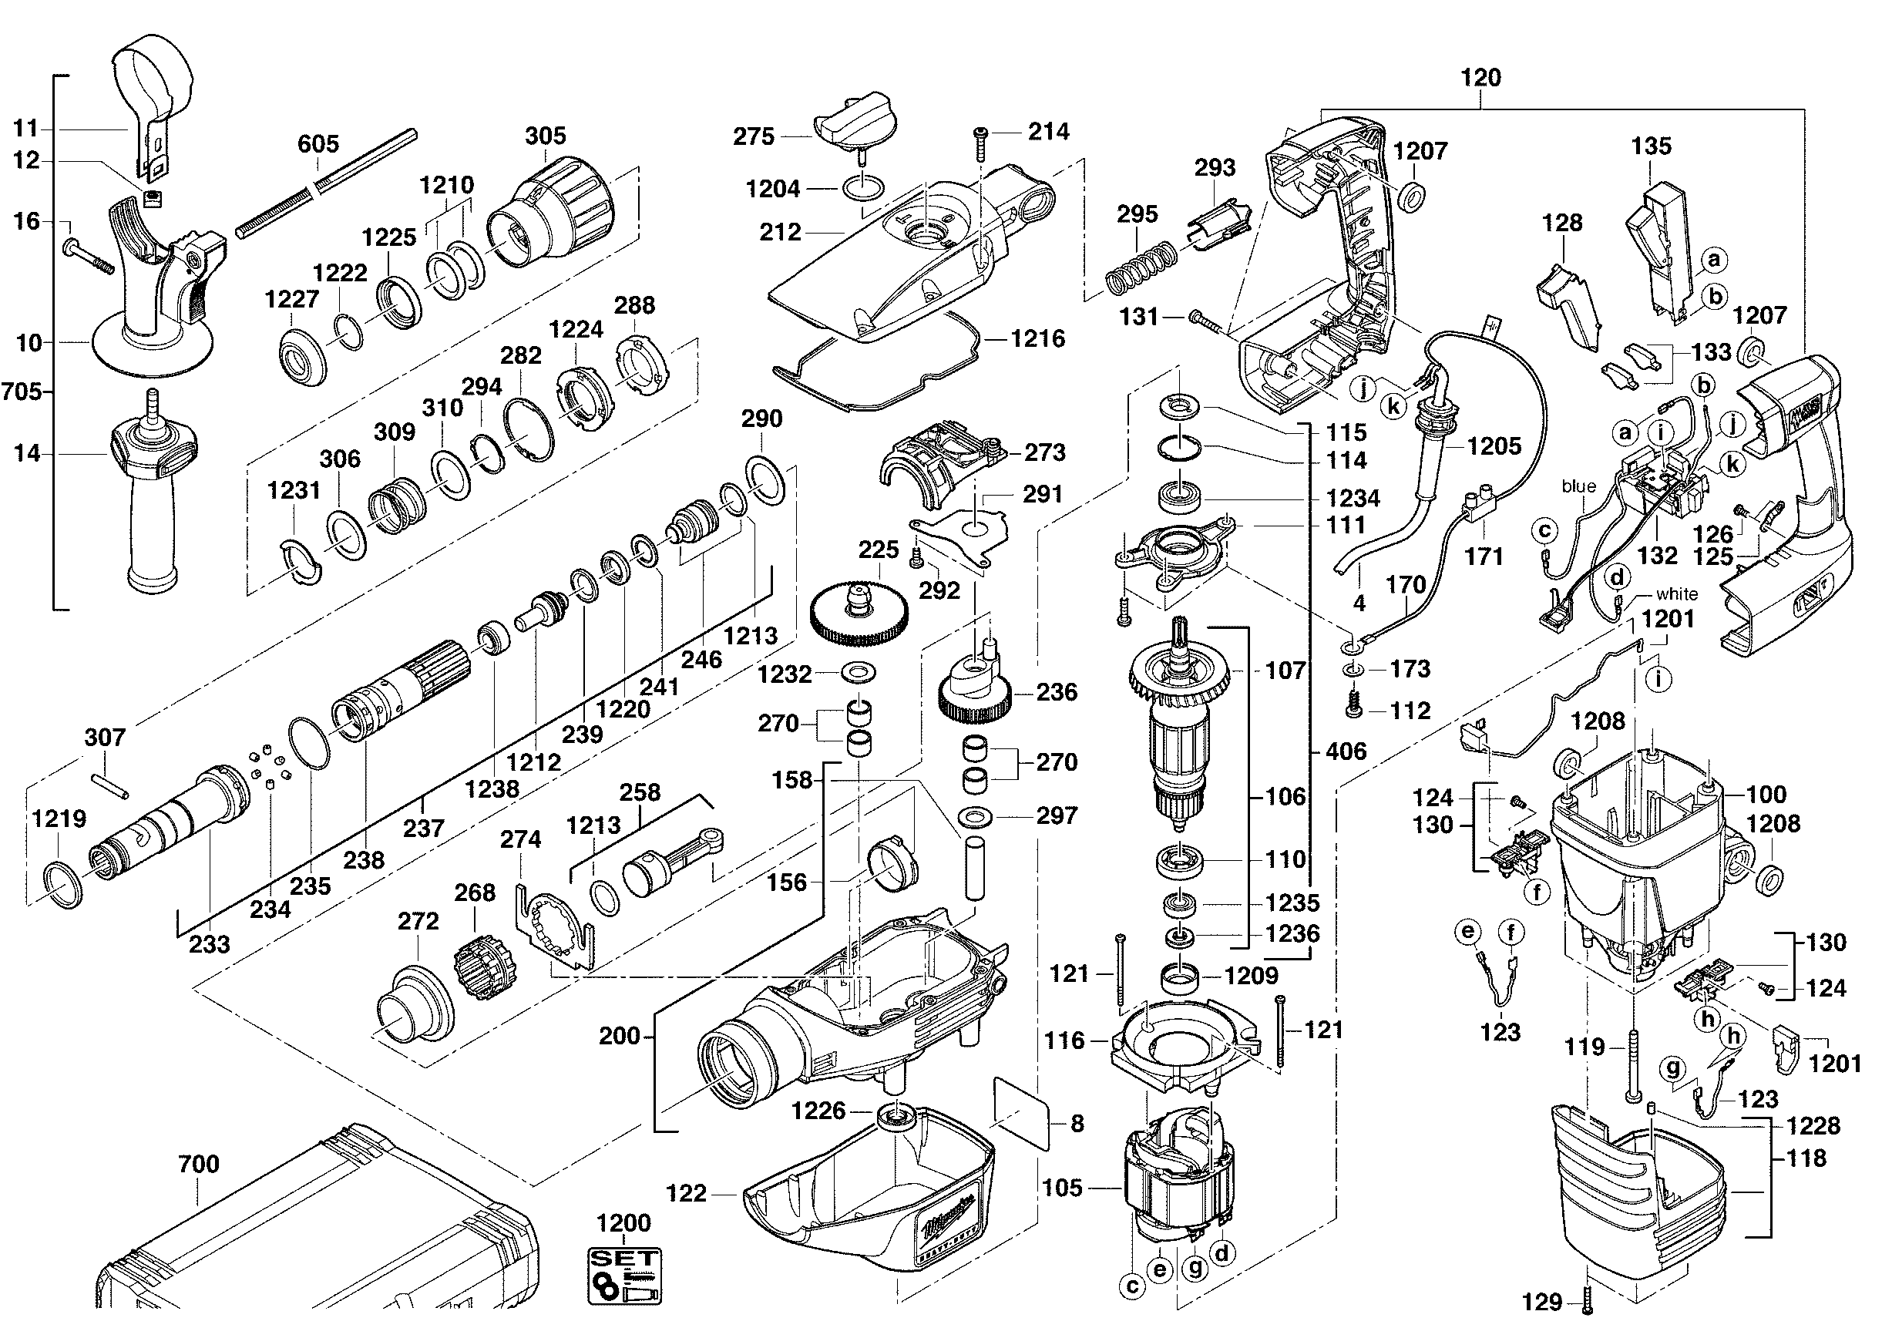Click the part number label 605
(318, 144)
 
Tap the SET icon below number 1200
(624, 1276)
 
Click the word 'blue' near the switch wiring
(1578, 487)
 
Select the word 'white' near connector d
(1677, 594)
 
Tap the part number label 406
(1346, 751)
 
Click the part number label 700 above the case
(199, 1164)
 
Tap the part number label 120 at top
(1480, 79)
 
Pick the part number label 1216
(1037, 338)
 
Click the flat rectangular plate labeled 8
(1022, 1111)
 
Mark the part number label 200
(620, 1036)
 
